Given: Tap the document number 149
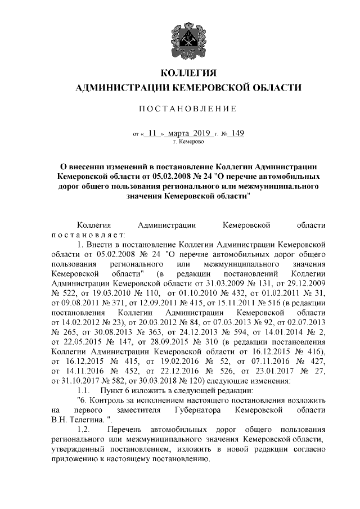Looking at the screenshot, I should pyautogui.click(x=237, y=133).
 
